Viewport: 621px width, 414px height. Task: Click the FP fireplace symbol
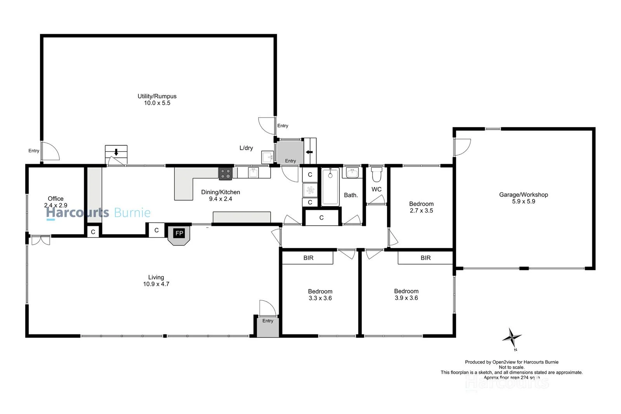coord(179,234)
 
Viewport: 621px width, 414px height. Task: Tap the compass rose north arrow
coord(512,338)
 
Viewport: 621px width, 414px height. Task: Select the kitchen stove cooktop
coord(226,173)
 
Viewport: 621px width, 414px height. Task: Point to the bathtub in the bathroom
coord(330,187)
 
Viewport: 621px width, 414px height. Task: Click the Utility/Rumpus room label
coord(157,96)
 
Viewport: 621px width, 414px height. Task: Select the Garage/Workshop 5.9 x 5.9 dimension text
coord(523,201)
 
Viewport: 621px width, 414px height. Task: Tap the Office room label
coord(56,199)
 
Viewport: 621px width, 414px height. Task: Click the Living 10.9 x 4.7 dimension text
coord(156,284)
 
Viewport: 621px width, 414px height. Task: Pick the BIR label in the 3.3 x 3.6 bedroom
coord(308,258)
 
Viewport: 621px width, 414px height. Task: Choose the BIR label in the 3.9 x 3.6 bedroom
coord(425,258)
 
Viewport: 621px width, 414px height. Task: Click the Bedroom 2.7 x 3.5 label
coord(421,204)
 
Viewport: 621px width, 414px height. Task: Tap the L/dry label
coord(246,148)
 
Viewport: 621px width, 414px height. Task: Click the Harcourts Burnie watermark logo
coord(98,213)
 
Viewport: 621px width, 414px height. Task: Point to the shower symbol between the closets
coord(310,190)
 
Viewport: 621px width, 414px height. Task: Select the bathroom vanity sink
coord(352,173)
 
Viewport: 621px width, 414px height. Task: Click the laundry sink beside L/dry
coord(267,158)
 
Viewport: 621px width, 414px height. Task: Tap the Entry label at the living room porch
coord(268,321)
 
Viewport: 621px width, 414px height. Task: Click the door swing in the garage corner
coord(463,147)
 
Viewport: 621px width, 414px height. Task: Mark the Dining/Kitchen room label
coord(220,192)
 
